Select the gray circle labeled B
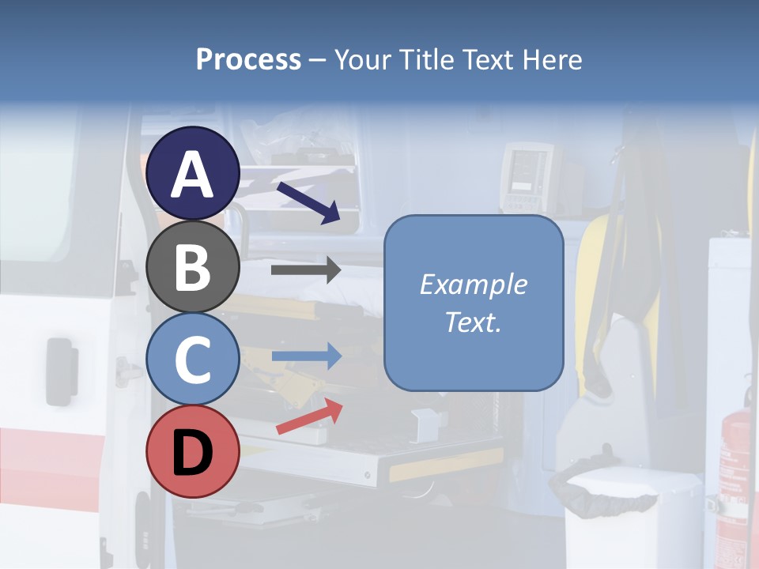[192, 267]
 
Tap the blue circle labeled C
[192, 360]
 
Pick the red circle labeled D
[192, 452]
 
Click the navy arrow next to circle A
[308, 202]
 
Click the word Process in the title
[248, 59]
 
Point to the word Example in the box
[473, 284]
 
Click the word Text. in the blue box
[473, 322]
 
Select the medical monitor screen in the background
[526, 170]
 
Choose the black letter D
[192, 452]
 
